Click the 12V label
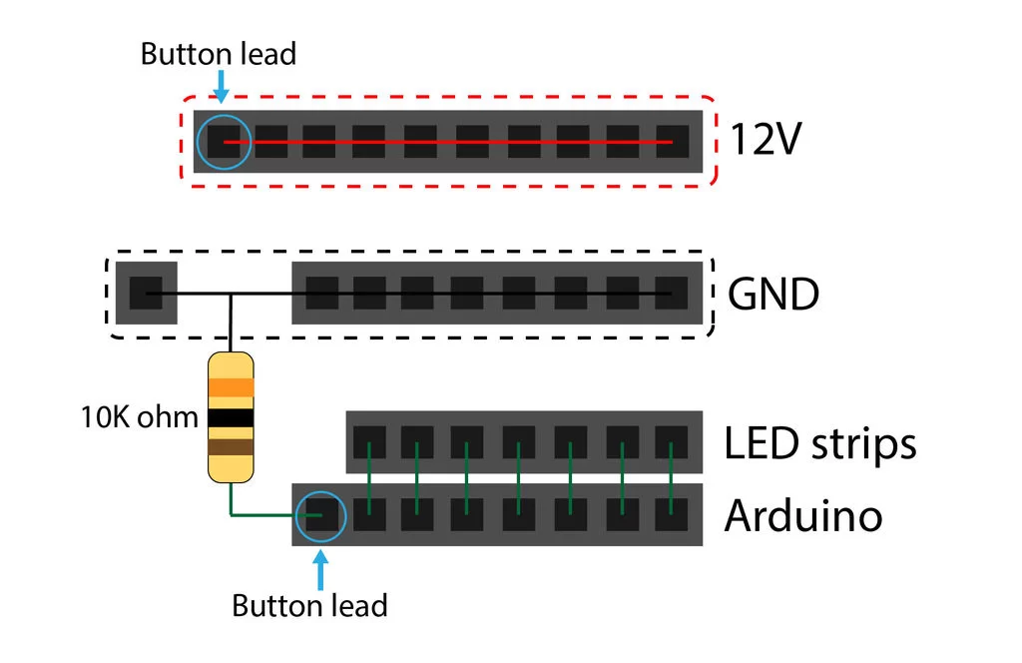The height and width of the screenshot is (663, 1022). [766, 141]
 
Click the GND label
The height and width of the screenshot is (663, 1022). [773, 294]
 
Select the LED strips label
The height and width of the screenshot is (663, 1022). [819, 443]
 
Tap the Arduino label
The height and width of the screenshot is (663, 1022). [803, 516]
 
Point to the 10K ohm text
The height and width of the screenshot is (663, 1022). [140, 416]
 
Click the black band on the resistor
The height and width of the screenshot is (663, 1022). [231, 418]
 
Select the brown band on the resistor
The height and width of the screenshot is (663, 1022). [231, 447]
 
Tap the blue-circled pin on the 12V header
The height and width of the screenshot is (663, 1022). [225, 142]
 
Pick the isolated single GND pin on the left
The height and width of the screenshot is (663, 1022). [146, 294]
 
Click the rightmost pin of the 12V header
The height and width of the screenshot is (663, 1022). [672, 142]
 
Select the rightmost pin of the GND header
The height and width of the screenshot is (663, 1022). [672, 294]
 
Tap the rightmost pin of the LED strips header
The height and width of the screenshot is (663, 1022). [672, 441]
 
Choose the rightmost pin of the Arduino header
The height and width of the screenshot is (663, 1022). [672, 515]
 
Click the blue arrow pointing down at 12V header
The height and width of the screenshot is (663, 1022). [222, 86]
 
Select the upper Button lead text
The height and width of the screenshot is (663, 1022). [218, 54]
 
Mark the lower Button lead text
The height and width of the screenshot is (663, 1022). [309, 605]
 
